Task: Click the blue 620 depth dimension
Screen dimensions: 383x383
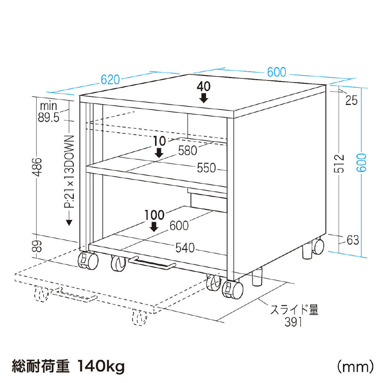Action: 110,80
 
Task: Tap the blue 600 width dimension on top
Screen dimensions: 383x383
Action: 277,72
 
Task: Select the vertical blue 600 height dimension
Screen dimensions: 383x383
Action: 362,163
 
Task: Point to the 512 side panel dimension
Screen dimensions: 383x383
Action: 339,164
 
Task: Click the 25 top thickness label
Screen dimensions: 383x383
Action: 352,100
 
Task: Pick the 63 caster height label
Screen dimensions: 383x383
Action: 353,240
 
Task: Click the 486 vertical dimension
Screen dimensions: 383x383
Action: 37,167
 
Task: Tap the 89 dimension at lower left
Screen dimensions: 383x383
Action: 37,246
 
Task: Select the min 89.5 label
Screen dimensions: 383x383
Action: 49,111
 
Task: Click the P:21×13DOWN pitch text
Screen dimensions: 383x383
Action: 69,172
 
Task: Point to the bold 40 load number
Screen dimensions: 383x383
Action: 203,87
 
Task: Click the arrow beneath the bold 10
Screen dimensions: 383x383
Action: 159,152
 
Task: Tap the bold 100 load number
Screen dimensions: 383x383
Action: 154,215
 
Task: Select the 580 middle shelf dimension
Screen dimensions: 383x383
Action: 188,151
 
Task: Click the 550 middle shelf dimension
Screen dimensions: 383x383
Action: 206,168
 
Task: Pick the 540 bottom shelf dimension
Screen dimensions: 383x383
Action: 185,248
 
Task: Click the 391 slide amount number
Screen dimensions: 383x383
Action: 293,322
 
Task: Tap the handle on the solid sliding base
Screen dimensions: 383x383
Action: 152,263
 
